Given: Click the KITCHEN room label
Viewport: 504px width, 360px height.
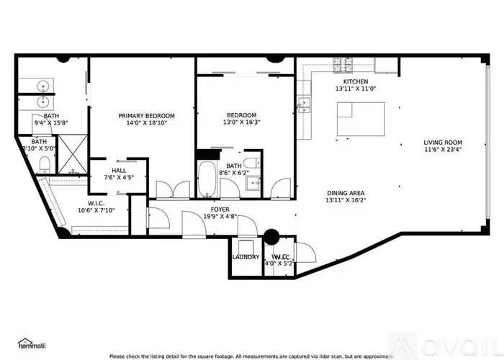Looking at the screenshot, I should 351,81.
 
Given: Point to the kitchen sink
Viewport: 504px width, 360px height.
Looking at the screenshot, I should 305,104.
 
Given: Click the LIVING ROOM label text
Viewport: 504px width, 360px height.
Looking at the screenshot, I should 442,143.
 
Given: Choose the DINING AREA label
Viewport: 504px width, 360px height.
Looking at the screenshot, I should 346,193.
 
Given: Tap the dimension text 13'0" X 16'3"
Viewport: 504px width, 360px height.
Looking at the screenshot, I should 241,122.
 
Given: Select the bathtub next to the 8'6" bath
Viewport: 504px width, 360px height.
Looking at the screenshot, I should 207,178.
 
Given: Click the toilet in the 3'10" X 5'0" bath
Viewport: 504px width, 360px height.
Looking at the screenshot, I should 45,162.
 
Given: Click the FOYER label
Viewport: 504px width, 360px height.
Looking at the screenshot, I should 220,210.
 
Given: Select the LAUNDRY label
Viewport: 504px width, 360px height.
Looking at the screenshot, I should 246,257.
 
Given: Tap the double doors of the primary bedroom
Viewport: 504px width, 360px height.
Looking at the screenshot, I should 163,190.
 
